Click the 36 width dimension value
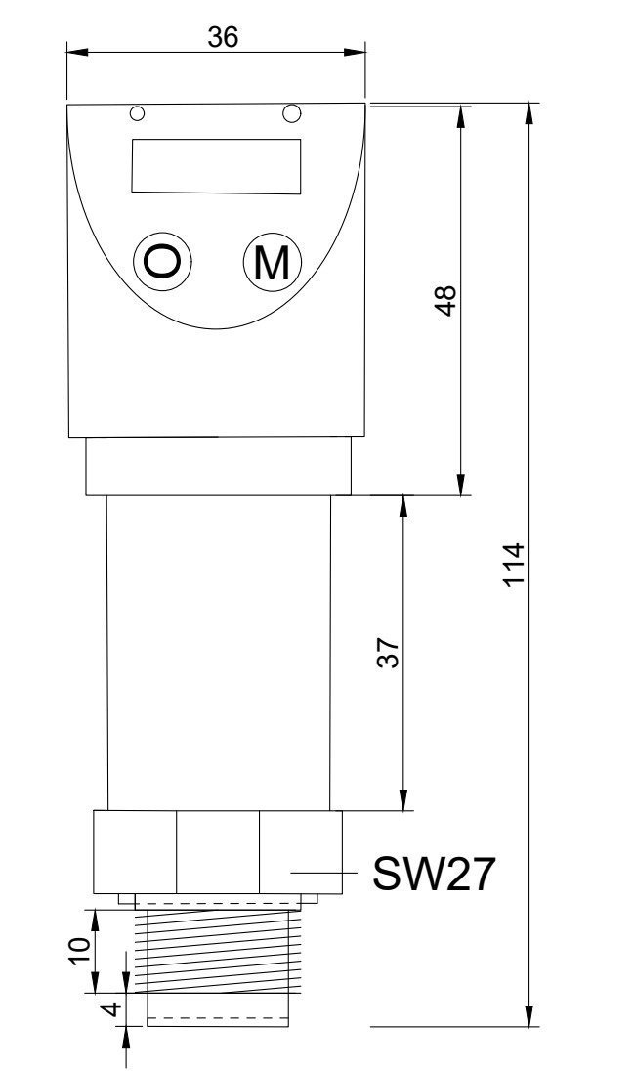tap(223, 36)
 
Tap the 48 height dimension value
tap(445, 301)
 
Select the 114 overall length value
tap(514, 565)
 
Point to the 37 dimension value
tap(387, 653)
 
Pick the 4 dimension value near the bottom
tap(109, 1007)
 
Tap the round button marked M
tap(272, 262)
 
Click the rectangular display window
tap(216, 165)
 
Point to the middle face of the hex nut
tap(217, 851)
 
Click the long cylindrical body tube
tap(219, 653)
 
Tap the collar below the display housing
tap(219, 466)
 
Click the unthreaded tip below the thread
tap(219, 1008)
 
